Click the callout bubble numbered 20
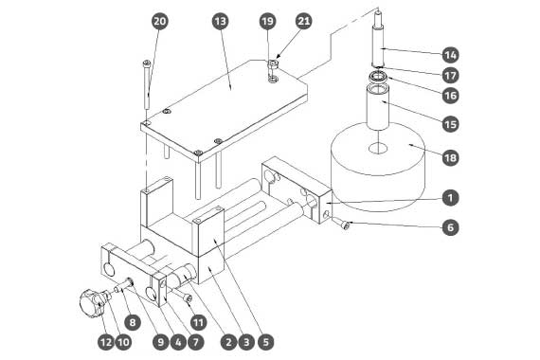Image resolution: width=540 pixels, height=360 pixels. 159,22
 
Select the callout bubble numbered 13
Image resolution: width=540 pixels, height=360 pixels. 221,22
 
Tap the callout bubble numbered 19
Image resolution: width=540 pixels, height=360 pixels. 267,22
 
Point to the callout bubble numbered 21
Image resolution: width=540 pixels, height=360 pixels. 304,22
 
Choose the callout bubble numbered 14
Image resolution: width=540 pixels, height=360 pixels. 450,55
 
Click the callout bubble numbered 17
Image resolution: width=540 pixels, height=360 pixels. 450,76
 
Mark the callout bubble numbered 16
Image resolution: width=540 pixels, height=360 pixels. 450,96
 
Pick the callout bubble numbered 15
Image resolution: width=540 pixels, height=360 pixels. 450,124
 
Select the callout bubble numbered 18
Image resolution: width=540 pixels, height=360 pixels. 450,158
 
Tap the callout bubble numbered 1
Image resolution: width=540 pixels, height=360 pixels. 450,198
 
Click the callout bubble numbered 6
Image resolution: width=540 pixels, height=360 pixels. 450,227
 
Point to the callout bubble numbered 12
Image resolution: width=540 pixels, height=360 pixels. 106,342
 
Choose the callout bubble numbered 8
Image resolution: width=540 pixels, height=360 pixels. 133,322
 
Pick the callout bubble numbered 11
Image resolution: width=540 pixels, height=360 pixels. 198,322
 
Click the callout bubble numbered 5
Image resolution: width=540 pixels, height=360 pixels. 265,342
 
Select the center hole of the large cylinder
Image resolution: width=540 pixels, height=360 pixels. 378,149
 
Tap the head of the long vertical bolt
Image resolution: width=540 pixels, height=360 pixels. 147,63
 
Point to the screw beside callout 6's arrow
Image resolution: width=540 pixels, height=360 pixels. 341,223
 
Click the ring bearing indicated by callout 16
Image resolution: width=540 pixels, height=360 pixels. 378,77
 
